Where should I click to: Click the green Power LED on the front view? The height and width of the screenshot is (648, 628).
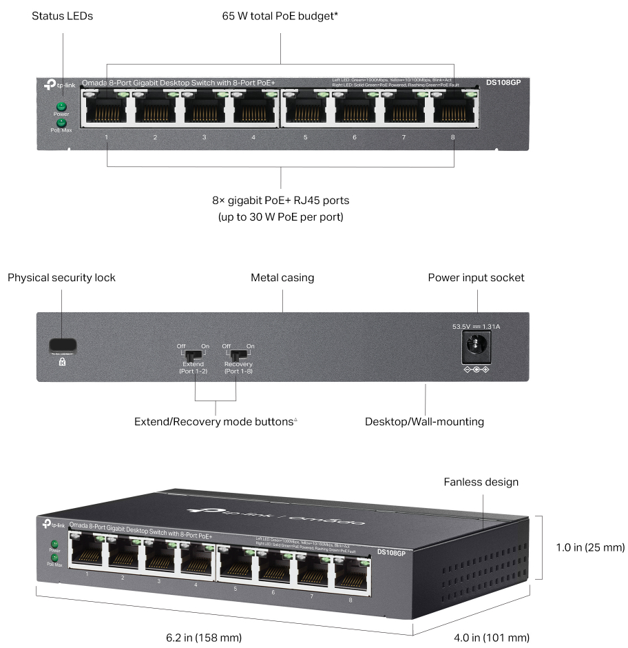(x=61, y=106)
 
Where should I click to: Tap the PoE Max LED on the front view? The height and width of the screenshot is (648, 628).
(x=61, y=122)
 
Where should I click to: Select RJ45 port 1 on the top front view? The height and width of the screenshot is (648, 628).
(x=107, y=108)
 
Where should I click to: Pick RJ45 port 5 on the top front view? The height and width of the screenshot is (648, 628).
(x=305, y=108)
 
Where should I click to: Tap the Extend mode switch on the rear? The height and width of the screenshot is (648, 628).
(x=195, y=356)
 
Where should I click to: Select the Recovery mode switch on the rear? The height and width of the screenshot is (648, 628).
(x=238, y=356)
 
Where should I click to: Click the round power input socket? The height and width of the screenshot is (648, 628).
(x=476, y=346)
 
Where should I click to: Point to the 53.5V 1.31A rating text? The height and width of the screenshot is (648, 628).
(x=476, y=327)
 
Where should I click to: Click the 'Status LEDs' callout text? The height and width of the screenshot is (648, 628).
(x=62, y=15)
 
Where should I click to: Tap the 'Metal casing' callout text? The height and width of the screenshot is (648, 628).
(x=282, y=278)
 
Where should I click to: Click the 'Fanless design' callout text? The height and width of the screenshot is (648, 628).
(x=481, y=482)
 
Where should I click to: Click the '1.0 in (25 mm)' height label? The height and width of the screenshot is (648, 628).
(x=590, y=548)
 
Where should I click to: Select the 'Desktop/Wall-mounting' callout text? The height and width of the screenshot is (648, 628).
(x=425, y=421)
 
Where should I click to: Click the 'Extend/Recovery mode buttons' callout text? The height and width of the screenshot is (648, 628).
(x=215, y=421)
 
